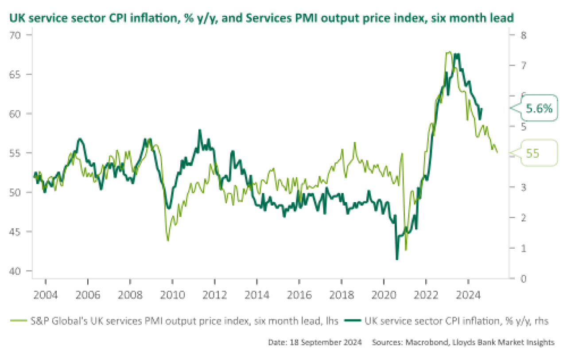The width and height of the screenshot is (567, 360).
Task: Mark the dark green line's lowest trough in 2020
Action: click(x=397, y=259)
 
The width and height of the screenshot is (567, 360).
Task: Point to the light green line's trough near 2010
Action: click(x=168, y=240)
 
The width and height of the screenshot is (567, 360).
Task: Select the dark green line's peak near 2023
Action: click(x=457, y=55)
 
